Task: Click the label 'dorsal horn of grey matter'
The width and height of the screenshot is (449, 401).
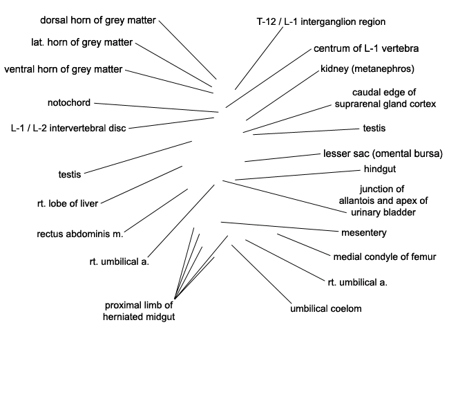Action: [x=98, y=20]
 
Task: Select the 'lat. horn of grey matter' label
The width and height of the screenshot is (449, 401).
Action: [x=82, y=42]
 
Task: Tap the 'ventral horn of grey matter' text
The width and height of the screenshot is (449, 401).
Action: [x=64, y=69]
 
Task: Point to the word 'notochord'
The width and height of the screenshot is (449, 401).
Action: [x=69, y=102]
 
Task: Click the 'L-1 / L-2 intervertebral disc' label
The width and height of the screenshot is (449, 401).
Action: [x=68, y=128]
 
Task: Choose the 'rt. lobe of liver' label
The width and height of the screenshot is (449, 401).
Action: [x=68, y=203]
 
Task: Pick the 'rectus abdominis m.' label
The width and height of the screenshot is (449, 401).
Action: [x=80, y=234]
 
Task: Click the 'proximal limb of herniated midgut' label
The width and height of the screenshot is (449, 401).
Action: [x=139, y=311]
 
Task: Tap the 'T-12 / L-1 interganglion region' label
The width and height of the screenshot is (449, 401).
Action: [x=321, y=22]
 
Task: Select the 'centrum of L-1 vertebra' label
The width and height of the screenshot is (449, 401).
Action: [x=366, y=48]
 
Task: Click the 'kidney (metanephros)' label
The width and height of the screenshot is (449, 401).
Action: [x=367, y=69]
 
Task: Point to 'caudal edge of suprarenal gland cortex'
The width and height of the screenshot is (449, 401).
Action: [x=385, y=98]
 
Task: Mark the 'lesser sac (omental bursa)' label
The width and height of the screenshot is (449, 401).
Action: [x=383, y=153]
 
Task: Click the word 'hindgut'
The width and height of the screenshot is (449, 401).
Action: [x=380, y=169]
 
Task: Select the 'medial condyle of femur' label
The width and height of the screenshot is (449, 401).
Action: [x=385, y=257]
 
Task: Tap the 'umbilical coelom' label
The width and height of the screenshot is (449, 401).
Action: [x=326, y=309]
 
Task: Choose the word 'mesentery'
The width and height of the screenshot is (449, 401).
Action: [x=363, y=233]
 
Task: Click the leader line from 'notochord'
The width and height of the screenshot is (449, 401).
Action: [x=156, y=108]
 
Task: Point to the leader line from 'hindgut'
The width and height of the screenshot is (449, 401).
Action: [x=298, y=175]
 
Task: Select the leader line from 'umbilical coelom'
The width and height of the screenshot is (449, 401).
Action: [x=261, y=274]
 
